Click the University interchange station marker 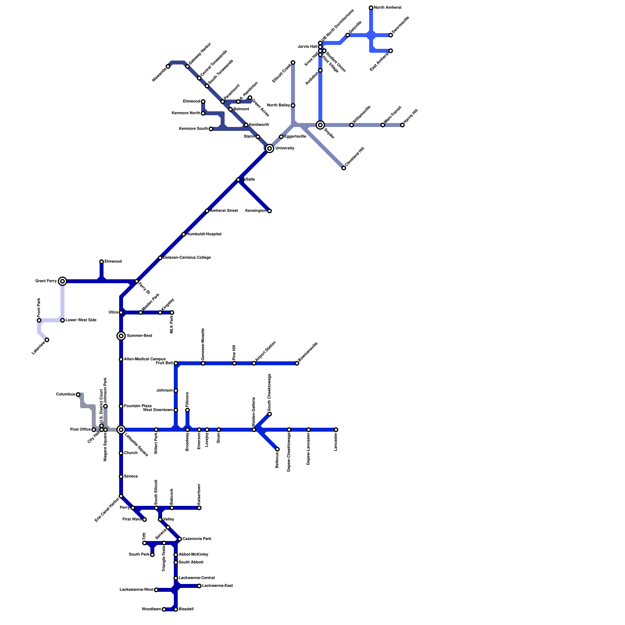coord(269,148)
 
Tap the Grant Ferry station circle coord(62,281)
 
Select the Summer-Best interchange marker coord(121,336)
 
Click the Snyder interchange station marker coord(320,125)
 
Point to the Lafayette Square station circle coord(121,430)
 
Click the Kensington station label coord(256,211)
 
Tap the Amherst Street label coord(224,211)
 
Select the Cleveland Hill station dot coord(344,168)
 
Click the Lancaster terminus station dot coord(336,430)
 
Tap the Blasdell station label coord(186,609)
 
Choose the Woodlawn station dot coord(164,609)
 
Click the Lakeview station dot coord(47,340)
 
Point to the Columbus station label coord(65,395)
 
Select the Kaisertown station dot coord(199,508)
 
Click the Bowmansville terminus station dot coord(297,363)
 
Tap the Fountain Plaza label coord(137,406)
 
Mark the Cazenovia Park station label coord(197,539)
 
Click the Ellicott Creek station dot coord(293,62)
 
